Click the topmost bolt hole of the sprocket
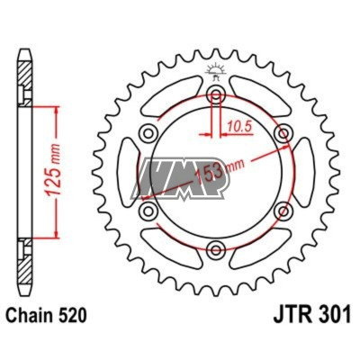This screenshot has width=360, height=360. tap(216, 96)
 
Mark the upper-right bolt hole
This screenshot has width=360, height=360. tap(283, 135)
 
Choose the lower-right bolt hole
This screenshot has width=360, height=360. tap(283, 211)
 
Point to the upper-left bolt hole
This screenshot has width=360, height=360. tap(149, 135)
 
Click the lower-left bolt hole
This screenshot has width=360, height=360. tap(149, 211)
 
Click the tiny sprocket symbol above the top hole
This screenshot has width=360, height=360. tap(216, 70)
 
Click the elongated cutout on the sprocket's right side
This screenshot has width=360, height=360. tap(301, 173)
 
